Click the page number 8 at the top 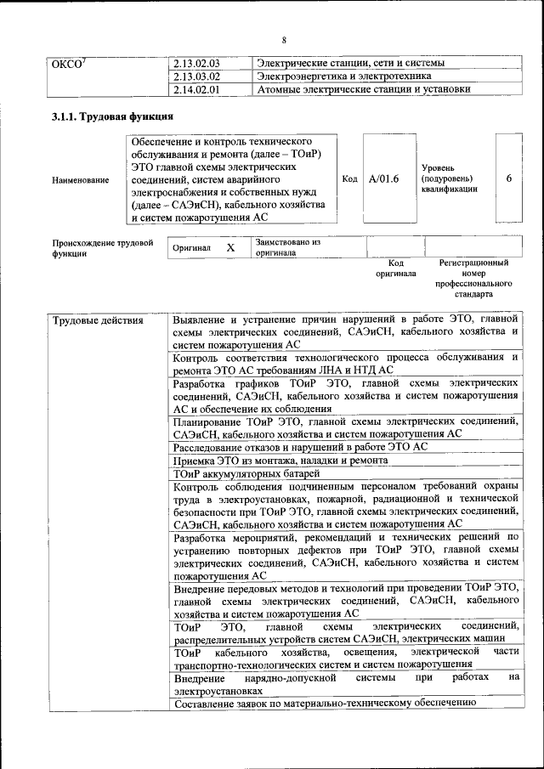tap(285, 40)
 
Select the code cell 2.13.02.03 tap(195, 64)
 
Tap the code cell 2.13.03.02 tap(195, 76)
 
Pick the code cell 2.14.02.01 tap(195, 89)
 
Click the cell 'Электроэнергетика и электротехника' tap(340, 76)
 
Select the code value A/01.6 tap(384, 178)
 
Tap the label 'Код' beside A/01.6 tap(349, 178)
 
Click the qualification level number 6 tap(508, 178)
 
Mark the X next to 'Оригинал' tap(230, 247)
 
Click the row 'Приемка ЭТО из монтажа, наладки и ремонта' tap(280, 460)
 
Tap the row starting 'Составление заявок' tap(323, 704)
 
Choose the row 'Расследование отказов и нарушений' tap(300, 447)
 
